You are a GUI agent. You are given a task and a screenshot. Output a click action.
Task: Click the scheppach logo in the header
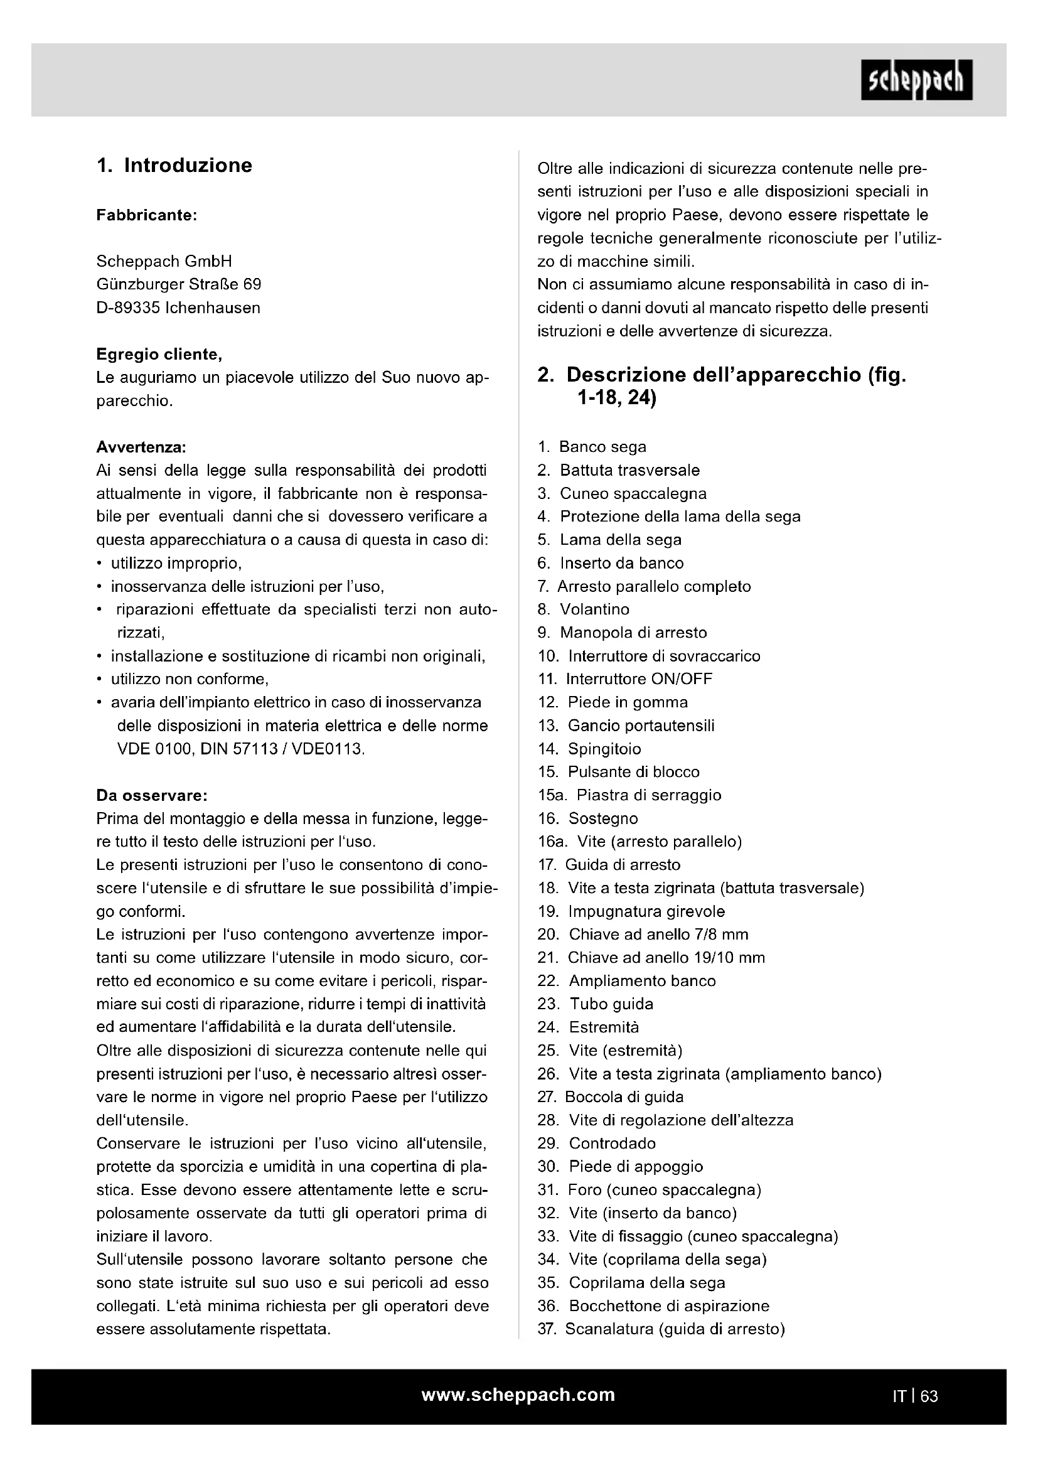coord(916,80)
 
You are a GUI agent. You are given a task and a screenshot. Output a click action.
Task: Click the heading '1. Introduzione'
coord(174,166)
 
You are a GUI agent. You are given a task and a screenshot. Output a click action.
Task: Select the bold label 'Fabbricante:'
coord(146,215)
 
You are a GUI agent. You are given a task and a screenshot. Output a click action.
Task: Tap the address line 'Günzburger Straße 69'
coord(178,284)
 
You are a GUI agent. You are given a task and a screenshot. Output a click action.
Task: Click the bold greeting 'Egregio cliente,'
coord(159,354)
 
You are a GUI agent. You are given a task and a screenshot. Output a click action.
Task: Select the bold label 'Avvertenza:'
coord(141,447)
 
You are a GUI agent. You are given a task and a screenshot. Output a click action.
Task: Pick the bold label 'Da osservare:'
coord(151,796)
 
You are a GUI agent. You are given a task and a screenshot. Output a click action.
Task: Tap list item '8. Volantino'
coord(583,609)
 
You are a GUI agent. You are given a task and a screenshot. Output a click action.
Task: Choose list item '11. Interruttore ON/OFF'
coord(624,679)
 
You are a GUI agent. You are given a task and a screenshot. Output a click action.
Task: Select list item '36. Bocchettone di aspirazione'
coord(653,1305)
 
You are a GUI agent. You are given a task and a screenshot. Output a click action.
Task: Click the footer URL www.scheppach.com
coord(518,1395)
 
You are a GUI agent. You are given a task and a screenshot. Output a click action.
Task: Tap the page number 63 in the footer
coord(929,1396)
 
